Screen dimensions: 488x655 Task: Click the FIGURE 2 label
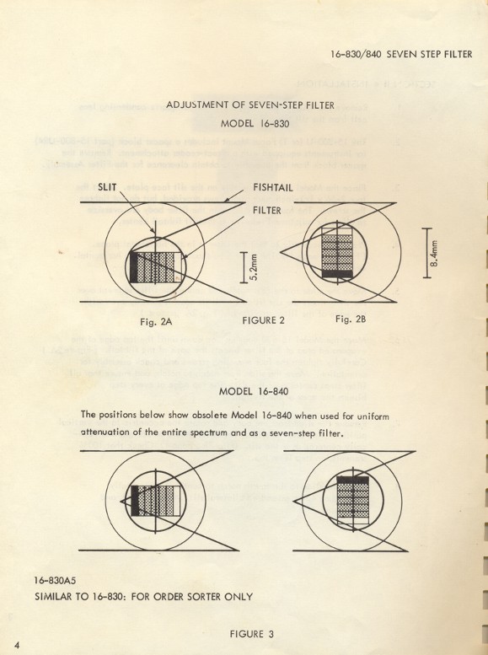click(x=258, y=320)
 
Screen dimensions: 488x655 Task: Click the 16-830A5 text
click(x=62, y=581)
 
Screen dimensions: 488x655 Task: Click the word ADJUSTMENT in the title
click(x=200, y=105)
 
